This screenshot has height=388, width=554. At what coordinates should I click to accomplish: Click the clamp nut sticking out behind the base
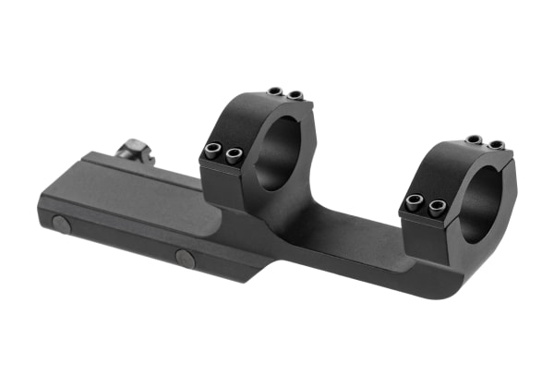click(137, 151)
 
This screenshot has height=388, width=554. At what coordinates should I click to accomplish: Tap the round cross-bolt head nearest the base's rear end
click(60, 224)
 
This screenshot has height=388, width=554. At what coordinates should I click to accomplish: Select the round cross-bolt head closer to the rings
click(185, 258)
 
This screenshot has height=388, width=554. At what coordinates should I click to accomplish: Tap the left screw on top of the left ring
click(275, 91)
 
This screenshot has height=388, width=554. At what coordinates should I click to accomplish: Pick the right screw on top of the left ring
click(295, 95)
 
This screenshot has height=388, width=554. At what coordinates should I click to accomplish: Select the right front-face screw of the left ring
click(235, 156)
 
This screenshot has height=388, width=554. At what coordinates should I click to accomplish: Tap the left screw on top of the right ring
click(474, 139)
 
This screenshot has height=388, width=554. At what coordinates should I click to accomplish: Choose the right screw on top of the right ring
click(496, 145)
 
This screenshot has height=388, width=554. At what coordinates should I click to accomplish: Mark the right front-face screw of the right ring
click(437, 205)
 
